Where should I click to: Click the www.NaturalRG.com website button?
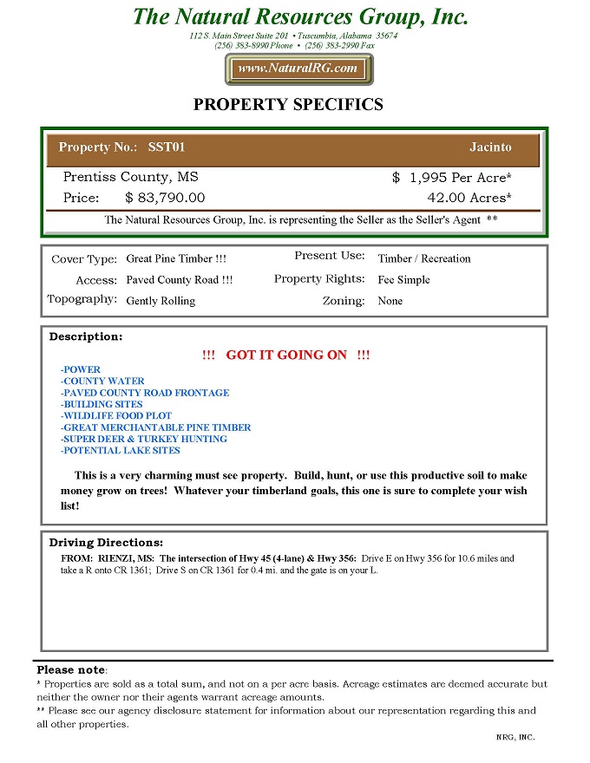298,68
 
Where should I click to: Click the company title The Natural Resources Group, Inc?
300,16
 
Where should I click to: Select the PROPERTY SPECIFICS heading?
287,105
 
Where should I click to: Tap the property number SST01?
167,147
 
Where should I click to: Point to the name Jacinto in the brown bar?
490,147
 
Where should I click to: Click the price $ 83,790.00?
166,198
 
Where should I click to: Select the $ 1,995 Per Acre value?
451,177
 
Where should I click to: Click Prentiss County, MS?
131,177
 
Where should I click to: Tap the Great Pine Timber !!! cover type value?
176,258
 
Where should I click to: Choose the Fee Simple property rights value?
404,280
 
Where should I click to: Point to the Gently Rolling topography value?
161,301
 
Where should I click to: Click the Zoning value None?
390,301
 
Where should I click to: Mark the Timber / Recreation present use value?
424,258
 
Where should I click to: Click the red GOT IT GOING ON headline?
285,355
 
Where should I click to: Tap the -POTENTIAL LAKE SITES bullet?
120,451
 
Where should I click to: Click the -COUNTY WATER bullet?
102,381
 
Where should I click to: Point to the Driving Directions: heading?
106,543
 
